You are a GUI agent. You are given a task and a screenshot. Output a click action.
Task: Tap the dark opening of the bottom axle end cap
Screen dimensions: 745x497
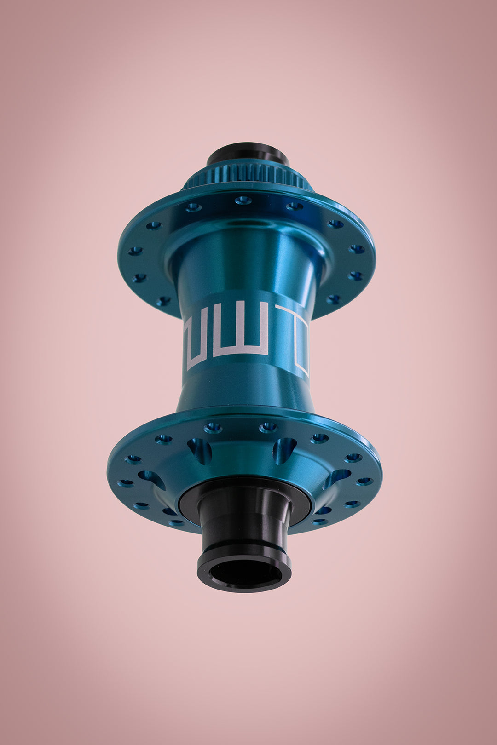[245, 573]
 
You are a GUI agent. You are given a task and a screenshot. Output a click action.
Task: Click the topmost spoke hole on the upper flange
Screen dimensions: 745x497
[243, 200]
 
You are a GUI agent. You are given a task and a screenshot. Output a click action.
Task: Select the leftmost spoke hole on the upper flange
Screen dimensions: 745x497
[135, 251]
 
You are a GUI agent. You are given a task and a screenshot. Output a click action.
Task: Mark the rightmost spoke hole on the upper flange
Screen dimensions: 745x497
[357, 249]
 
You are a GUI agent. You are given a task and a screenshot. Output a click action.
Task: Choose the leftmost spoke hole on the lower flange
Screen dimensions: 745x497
[125, 483]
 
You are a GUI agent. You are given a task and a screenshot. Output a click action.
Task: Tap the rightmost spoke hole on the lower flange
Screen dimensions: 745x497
[364, 481]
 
